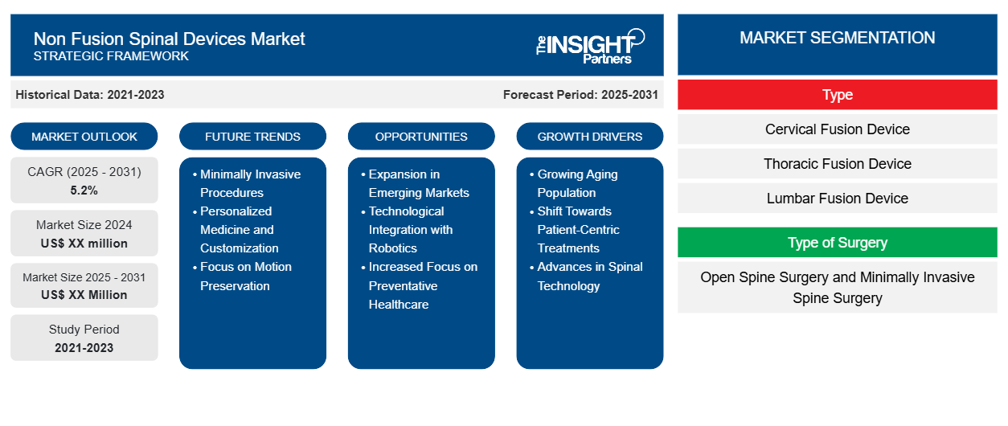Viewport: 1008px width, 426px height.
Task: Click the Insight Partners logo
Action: pyautogui.click(x=590, y=46)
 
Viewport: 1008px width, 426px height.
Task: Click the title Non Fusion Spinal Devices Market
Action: pyautogui.click(x=169, y=38)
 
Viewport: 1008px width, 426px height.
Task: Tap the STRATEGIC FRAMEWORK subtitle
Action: pyautogui.click(x=111, y=56)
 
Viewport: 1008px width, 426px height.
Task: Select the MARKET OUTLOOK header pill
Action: pyautogui.click(x=84, y=137)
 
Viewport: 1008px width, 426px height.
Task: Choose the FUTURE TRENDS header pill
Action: pyautogui.click(x=252, y=137)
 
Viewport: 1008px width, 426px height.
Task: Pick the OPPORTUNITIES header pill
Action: pyautogui.click(x=421, y=137)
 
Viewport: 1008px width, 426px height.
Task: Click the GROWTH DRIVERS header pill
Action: pyautogui.click(x=590, y=137)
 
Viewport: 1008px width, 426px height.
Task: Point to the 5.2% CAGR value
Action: pyautogui.click(x=84, y=190)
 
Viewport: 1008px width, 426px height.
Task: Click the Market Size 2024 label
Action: pyautogui.click(x=84, y=225)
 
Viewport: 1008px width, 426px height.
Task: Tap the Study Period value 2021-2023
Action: pyautogui.click(x=84, y=347)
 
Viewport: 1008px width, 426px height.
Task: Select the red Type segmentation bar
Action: pyautogui.click(x=837, y=95)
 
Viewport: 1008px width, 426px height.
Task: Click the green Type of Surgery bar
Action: pyautogui.click(x=837, y=242)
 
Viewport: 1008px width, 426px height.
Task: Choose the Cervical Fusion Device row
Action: pyautogui.click(x=837, y=129)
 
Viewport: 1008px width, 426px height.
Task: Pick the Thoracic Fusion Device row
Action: pyautogui.click(x=837, y=164)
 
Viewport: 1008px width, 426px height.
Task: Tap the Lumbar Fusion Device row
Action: pyautogui.click(x=837, y=199)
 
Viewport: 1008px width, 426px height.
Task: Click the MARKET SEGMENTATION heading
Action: pyautogui.click(x=837, y=38)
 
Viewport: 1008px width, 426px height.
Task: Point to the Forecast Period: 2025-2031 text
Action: pyautogui.click(x=580, y=95)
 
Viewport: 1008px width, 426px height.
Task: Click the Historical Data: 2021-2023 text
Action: pyautogui.click(x=90, y=95)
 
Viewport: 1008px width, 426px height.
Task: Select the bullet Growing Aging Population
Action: pyautogui.click(x=577, y=183)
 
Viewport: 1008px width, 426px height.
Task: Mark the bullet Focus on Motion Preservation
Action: pyautogui.click(x=245, y=276)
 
